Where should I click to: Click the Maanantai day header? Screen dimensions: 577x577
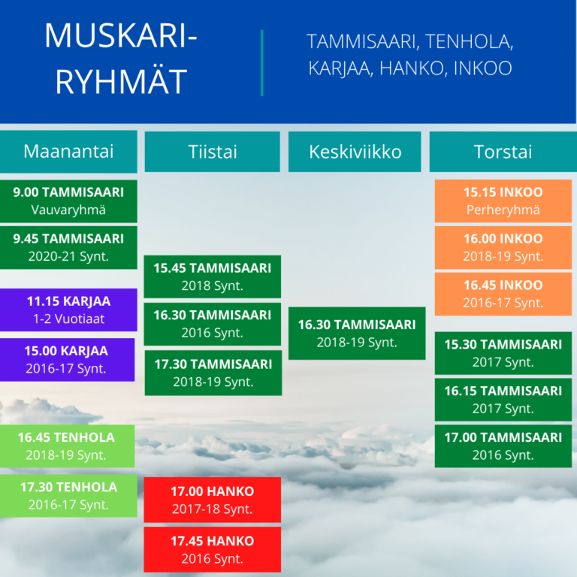(68, 151)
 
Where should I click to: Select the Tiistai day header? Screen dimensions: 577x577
(213, 152)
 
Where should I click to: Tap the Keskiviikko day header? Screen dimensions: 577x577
(355, 152)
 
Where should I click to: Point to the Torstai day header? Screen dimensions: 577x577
(503, 152)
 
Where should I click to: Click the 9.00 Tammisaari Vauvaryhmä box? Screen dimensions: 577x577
(68, 201)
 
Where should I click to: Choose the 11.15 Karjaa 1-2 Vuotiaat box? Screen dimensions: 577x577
(68, 310)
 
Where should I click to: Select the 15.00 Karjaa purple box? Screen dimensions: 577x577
(68, 360)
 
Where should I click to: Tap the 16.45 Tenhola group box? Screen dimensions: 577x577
(68, 446)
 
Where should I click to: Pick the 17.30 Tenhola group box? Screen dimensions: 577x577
(68, 496)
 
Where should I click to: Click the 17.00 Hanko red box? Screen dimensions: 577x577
(213, 500)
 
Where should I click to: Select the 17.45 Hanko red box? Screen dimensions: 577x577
(213, 549)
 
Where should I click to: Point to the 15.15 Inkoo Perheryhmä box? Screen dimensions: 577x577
(503, 201)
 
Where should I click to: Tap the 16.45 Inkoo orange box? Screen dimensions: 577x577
(503, 294)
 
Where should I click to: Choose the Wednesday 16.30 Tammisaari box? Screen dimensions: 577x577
(357, 333)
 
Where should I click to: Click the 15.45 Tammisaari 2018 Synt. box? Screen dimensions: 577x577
(213, 276)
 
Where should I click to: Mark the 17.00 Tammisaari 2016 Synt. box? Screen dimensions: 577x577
(503, 446)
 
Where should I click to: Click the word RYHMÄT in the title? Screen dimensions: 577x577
(122, 80)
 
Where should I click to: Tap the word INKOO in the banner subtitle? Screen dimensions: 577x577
(482, 68)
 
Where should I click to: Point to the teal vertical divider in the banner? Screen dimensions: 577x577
(262, 63)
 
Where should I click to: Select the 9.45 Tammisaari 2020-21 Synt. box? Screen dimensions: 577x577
(68, 248)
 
